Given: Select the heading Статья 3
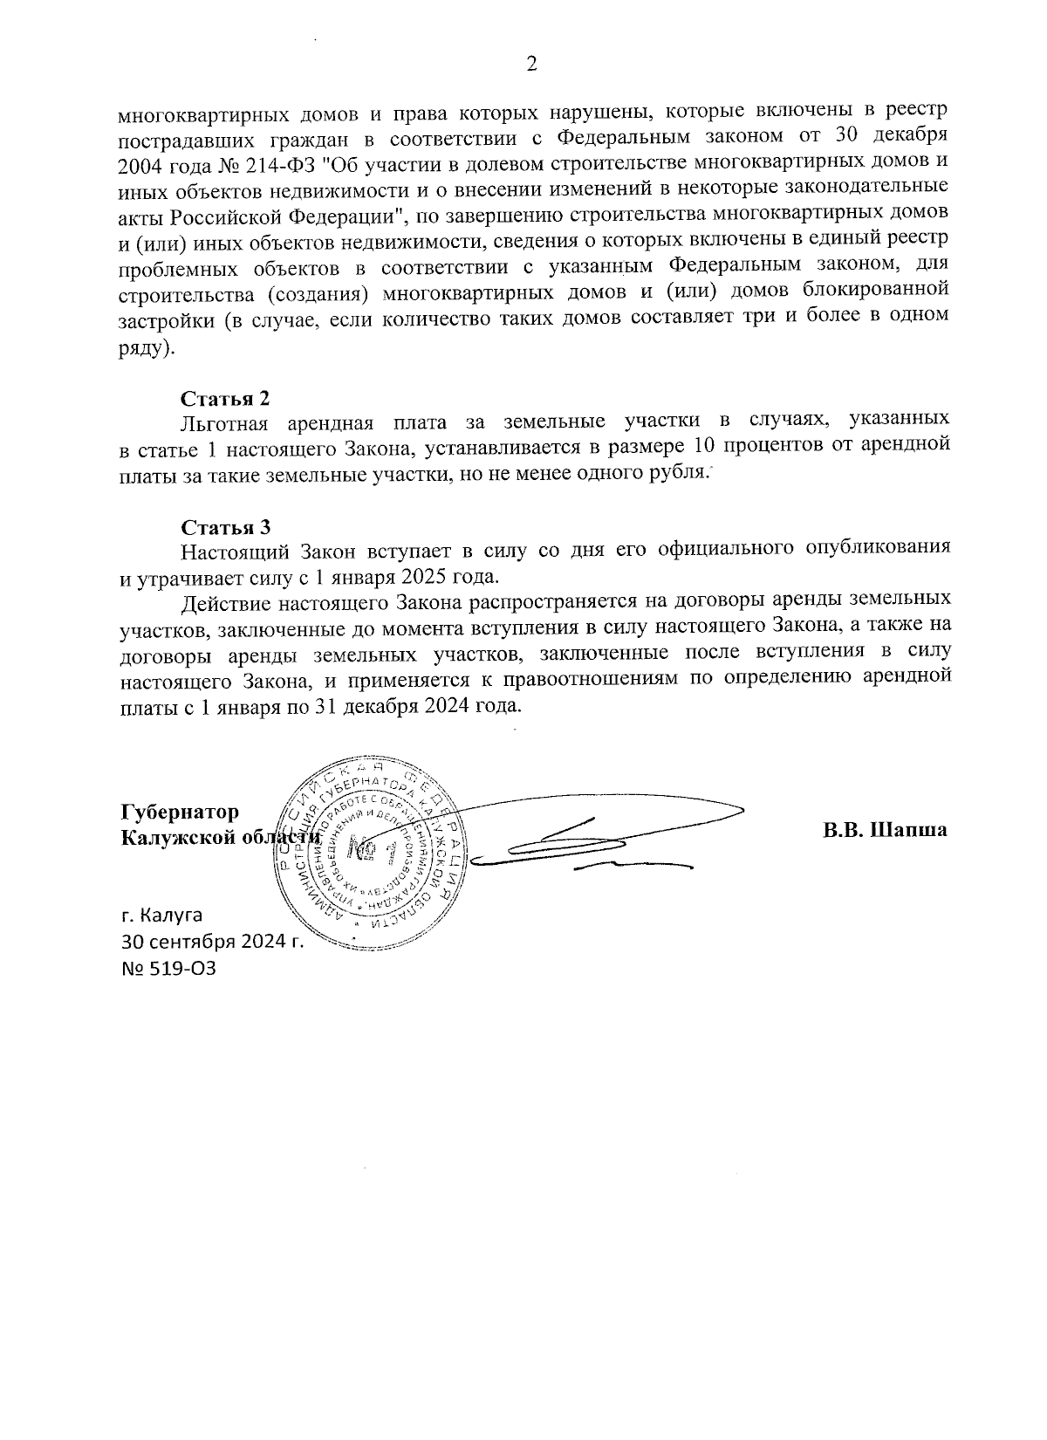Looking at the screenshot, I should pyautogui.click(x=226, y=526).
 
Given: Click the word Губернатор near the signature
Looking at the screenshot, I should pyautogui.click(x=179, y=811).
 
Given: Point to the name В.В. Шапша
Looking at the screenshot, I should pyautogui.click(x=884, y=830).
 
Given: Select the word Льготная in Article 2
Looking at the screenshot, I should pyautogui.click(x=222, y=423).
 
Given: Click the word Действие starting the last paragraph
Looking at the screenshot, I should pyautogui.click(x=226, y=602).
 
